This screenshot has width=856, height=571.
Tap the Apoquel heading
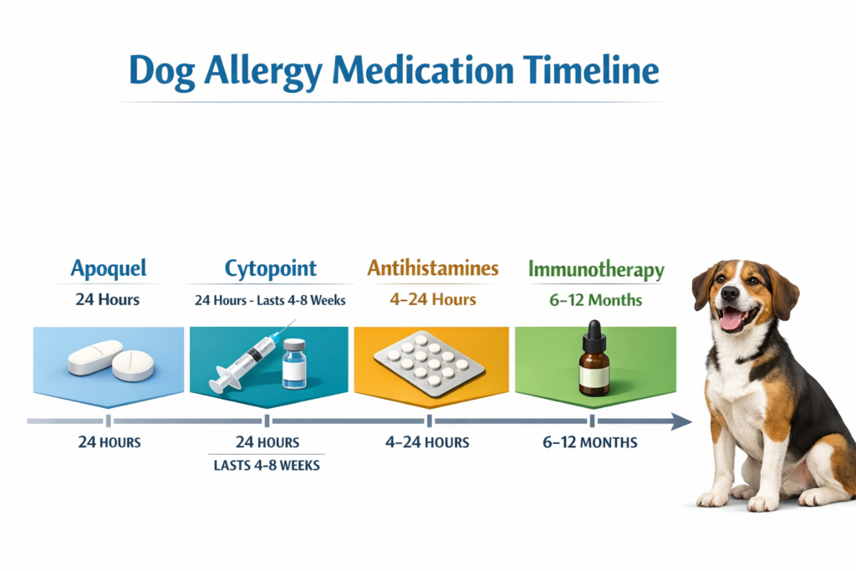[x=109, y=268]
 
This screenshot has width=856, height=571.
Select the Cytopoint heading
[x=270, y=268]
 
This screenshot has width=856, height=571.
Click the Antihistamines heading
[x=432, y=268]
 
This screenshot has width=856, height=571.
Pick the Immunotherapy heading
[x=596, y=270]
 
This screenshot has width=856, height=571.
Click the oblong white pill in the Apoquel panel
[x=94, y=358]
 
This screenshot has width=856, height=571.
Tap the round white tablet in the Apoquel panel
[x=133, y=365]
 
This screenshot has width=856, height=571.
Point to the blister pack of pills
[x=429, y=362]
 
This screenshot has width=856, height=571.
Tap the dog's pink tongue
[x=731, y=319]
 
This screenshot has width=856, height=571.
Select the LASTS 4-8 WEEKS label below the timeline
[x=267, y=466]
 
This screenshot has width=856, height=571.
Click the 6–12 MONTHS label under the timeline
[x=589, y=442]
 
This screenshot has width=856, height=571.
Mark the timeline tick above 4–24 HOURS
[x=429, y=421]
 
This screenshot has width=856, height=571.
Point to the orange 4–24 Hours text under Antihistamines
[x=432, y=299]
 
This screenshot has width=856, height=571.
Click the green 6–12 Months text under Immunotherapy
[x=595, y=300]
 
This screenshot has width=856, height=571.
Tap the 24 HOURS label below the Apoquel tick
[x=109, y=442]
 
